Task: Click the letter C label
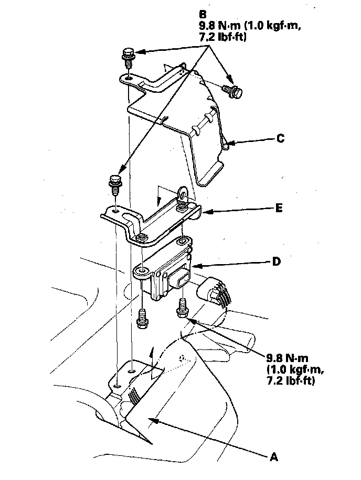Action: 281,139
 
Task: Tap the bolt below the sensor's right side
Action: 182,308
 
